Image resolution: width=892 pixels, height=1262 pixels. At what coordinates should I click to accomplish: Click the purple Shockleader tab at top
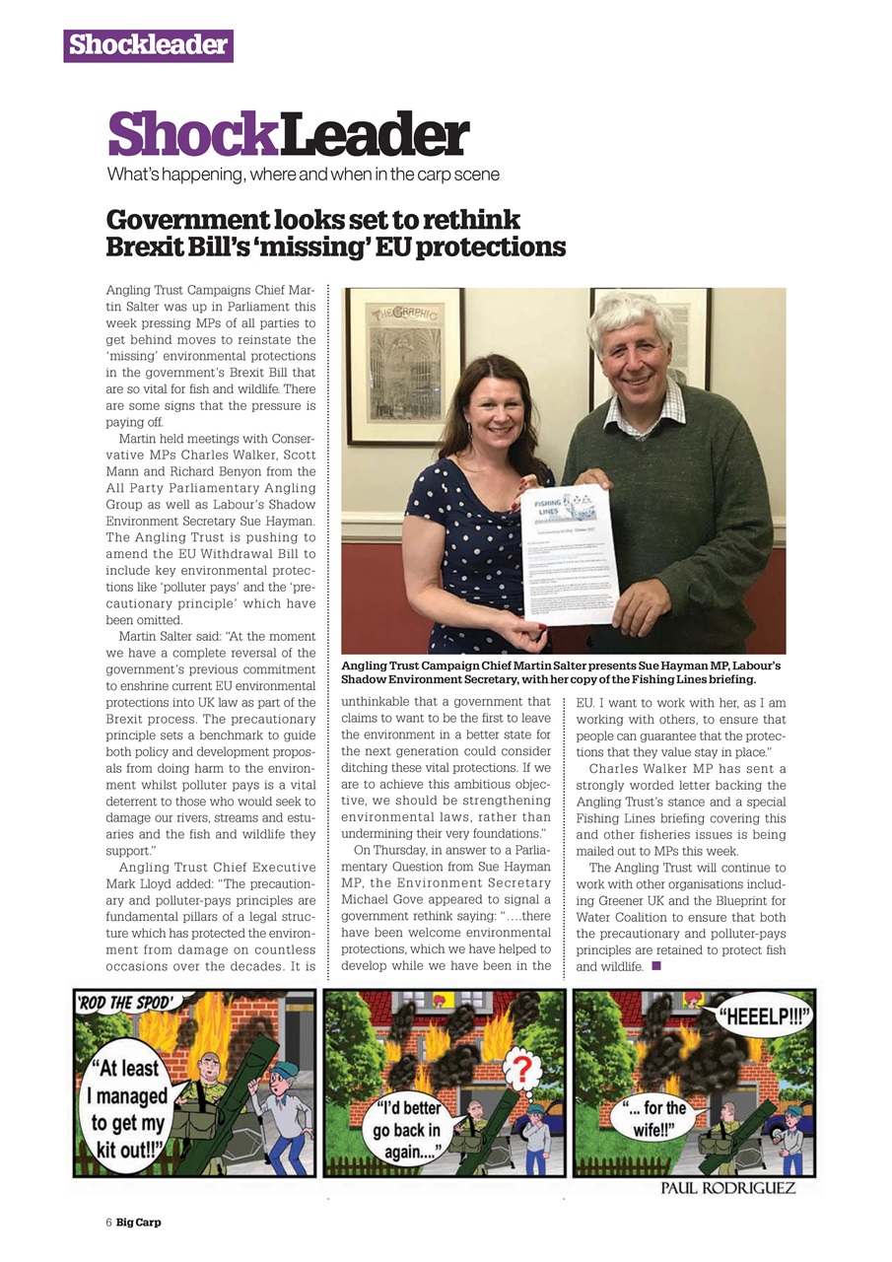point(148,45)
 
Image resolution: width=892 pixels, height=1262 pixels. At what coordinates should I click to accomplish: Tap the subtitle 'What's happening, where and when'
point(304,175)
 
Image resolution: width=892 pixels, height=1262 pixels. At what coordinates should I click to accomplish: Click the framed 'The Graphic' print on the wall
point(403,365)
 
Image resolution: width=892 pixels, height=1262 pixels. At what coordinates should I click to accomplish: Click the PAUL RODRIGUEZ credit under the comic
point(727,1189)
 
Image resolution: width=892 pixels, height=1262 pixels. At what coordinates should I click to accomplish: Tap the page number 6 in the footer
point(109,1223)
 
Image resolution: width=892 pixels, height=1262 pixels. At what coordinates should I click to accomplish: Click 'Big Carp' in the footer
point(139,1223)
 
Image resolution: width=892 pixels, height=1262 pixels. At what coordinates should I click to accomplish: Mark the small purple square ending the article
point(656,965)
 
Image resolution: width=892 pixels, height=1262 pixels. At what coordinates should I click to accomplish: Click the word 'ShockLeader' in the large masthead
point(288,136)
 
